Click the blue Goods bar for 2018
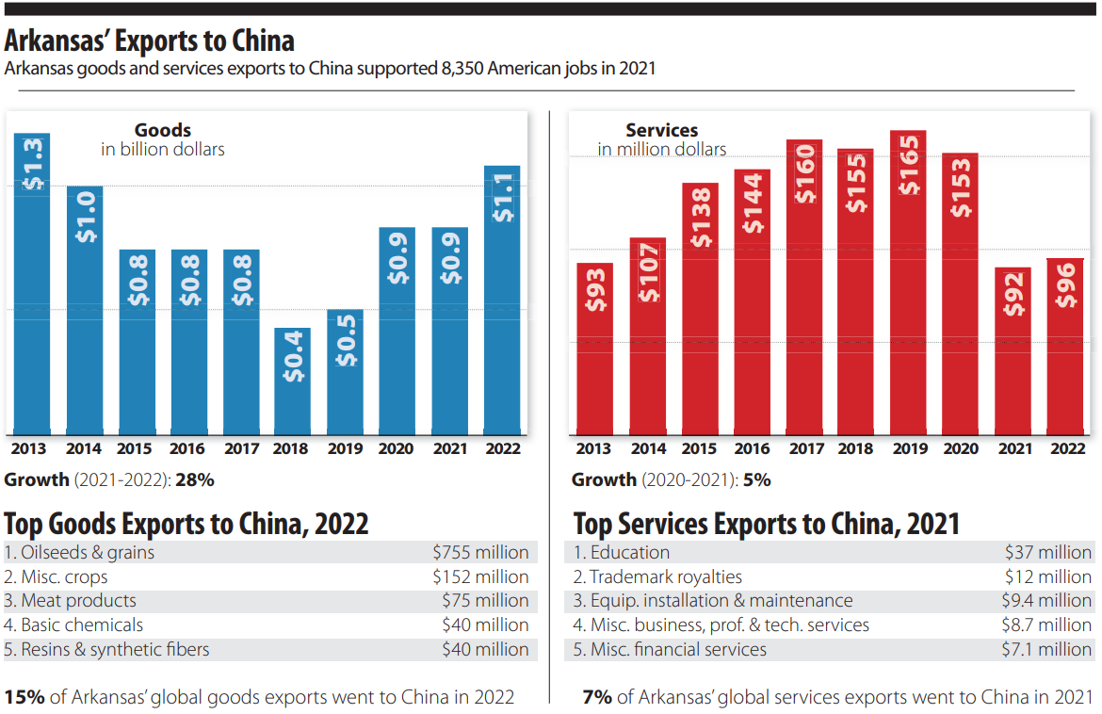pos(292,381)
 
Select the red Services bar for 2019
pos(908,283)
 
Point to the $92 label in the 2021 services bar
pos(1013,294)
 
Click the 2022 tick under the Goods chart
pos(502,449)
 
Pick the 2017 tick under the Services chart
pos(805,449)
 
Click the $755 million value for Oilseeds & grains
pos(480,553)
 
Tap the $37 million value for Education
pos(1047,553)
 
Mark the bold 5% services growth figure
pos(756,479)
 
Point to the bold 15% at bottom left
pos(24,698)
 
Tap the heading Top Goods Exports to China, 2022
pos(186,524)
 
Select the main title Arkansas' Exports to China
pos(150,41)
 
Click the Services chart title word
pos(661,131)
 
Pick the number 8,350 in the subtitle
pos(462,69)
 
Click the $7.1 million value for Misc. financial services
pos(1045,650)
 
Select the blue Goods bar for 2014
pos(85,311)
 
